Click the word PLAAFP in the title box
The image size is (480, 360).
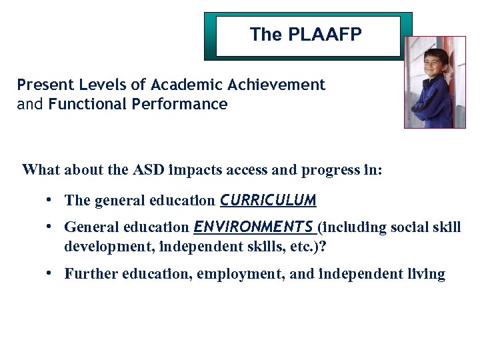tap(327, 35)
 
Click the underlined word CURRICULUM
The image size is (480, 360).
tap(268, 201)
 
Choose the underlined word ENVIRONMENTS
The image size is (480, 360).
tap(254, 227)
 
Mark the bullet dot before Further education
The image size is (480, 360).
tap(50, 273)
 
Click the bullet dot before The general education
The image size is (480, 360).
tap(50, 200)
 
